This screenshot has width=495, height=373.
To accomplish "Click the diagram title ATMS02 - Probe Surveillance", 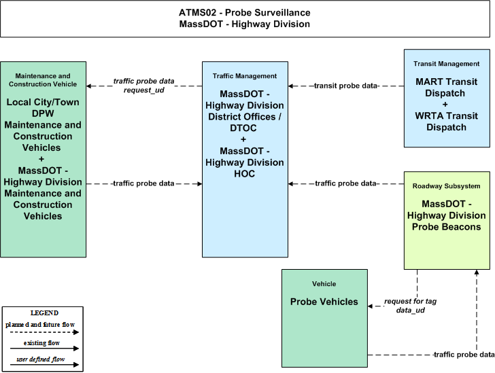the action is (245, 13).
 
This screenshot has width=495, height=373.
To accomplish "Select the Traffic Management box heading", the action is (245, 76).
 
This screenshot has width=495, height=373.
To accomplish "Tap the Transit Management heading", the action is (446, 64).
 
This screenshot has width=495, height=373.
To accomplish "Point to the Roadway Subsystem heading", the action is (446, 186).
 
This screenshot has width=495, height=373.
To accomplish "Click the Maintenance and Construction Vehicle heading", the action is (43, 80).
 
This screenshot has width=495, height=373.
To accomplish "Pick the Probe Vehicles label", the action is (324, 302).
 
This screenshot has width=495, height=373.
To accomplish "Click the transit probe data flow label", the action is (346, 86).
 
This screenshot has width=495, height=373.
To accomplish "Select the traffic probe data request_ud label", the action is (144, 86).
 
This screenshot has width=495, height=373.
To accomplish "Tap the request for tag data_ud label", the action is (411, 306).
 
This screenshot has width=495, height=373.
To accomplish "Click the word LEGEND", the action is (44, 313).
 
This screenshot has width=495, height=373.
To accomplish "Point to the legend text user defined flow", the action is (40, 359).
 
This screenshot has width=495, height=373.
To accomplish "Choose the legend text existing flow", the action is (41, 343).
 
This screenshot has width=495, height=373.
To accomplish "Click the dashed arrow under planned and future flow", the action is (44, 332).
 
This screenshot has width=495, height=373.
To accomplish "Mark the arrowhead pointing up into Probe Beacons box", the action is (477, 272).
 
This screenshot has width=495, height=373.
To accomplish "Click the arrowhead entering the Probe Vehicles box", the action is (371, 306).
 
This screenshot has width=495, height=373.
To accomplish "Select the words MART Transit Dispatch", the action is (446, 88).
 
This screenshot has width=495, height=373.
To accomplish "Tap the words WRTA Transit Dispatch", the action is (446, 122).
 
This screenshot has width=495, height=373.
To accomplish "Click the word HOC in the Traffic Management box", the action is (244, 174).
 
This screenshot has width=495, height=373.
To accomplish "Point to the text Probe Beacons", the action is (446, 227).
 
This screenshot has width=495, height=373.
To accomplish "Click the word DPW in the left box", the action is (43, 113).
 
